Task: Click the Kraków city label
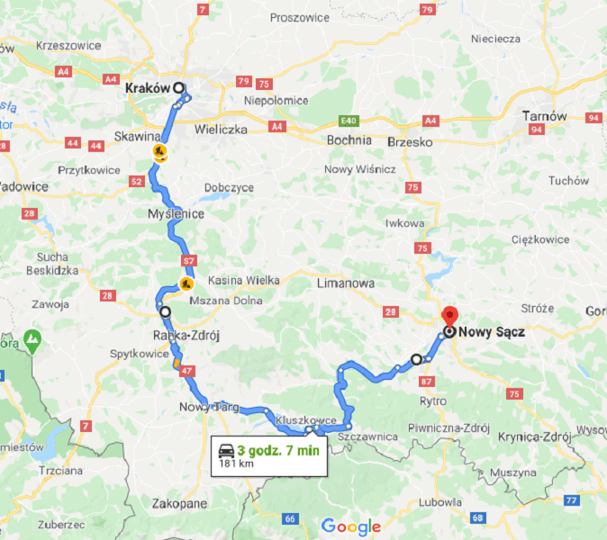(148, 88)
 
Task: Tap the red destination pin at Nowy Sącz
(450, 317)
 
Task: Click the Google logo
(350, 526)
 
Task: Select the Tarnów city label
(546, 116)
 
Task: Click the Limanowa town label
(345, 283)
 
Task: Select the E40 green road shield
(349, 120)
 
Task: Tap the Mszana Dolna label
(229, 301)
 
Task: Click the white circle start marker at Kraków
(178, 88)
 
